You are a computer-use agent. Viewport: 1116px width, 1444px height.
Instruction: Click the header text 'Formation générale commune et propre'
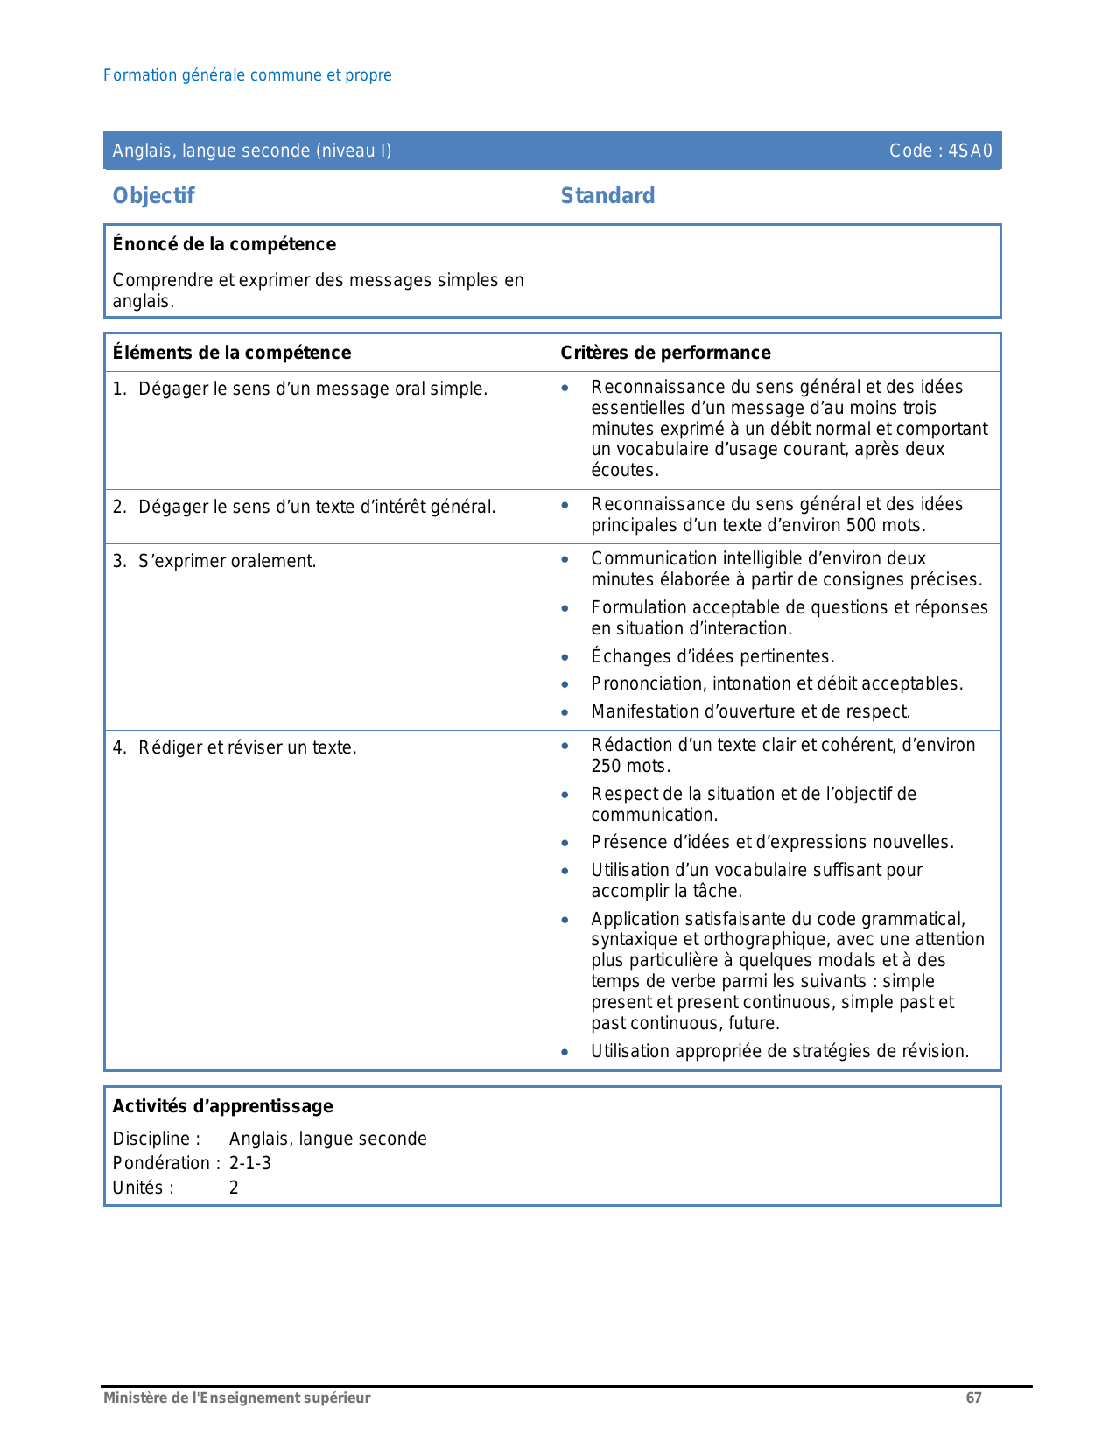tap(247, 75)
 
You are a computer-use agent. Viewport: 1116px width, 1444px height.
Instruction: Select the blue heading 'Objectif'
tap(153, 196)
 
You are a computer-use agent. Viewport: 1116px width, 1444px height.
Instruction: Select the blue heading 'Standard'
tap(607, 196)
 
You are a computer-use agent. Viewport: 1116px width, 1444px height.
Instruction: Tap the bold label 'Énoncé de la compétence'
tap(224, 244)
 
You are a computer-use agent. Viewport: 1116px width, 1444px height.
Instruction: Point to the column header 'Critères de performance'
tap(665, 353)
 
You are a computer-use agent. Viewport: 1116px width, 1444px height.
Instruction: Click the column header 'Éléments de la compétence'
tap(231, 353)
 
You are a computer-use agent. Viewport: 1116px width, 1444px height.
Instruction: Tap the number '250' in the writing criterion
tap(606, 767)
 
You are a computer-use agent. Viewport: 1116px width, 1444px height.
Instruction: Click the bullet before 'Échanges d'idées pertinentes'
tap(565, 657)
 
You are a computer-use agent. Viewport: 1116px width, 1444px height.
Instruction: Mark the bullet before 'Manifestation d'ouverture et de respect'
tap(565, 712)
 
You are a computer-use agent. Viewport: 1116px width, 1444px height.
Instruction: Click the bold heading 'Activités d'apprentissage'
tap(222, 1106)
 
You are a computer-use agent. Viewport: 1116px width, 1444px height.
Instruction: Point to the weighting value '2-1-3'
tap(250, 1163)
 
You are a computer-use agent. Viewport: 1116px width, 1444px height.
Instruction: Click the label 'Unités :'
tap(143, 1188)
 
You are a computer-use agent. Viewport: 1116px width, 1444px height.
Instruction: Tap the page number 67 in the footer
tap(973, 1398)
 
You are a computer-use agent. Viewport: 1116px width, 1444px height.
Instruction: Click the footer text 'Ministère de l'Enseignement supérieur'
tap(236, 1398)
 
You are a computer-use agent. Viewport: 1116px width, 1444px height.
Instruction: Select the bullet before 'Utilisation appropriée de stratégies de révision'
tap(565, 1052)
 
